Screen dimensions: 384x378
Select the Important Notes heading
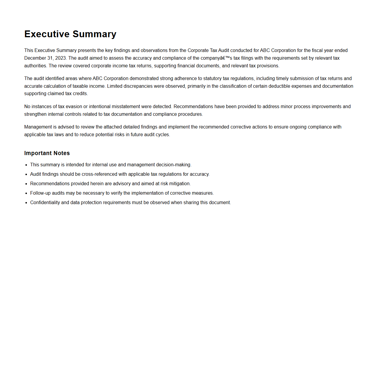[x=47, y=153]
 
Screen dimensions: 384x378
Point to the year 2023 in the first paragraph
[x=61, y=58]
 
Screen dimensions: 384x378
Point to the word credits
[x=80, y=94]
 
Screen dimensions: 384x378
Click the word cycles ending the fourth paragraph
[x=163, y=135]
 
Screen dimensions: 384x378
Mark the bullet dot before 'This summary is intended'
[x=26, y=165]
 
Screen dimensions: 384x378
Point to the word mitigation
[x=180, y=184]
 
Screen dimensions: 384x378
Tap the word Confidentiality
[x=45, y=203]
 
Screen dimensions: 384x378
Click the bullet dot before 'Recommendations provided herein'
[x=26, y=184]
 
